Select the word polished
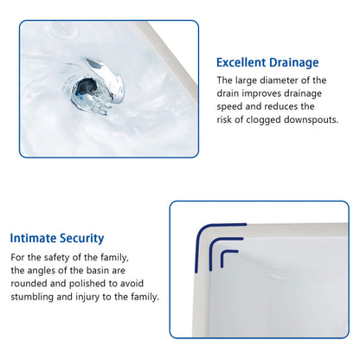click(x=89, y=283)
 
